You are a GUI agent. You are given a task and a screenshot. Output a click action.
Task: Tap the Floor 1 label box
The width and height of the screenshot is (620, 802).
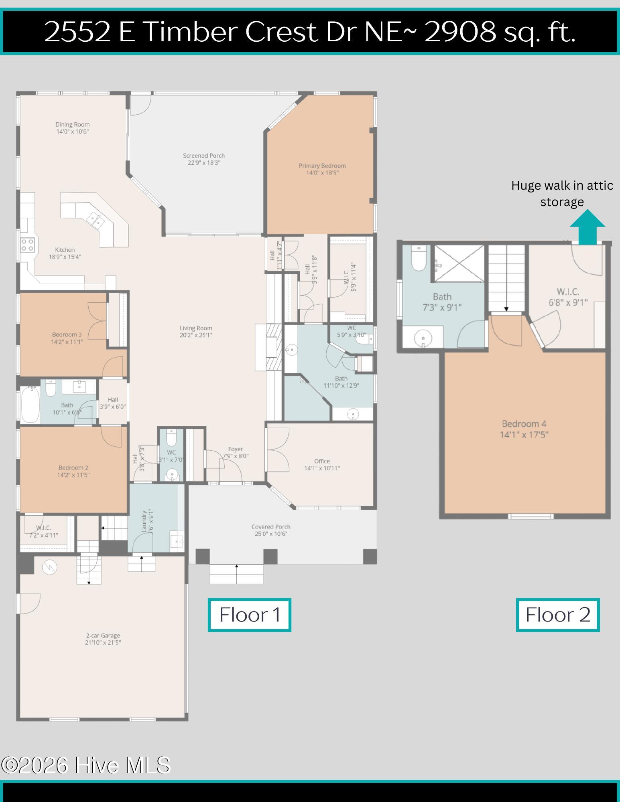point(249,615)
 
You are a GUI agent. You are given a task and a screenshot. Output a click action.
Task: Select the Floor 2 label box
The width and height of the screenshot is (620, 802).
point(557,615)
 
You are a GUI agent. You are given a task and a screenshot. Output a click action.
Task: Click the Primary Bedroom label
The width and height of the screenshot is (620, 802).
point(322,166)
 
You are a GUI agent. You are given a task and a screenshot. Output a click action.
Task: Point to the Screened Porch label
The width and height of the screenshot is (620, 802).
point(204,156)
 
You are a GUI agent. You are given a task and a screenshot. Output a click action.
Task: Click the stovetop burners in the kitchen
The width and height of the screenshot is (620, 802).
point(28,245)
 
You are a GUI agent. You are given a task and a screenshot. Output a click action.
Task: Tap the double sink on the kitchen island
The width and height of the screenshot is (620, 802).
point(95,219)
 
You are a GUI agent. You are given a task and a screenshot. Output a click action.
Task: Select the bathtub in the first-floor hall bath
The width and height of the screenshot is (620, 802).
point(30,404)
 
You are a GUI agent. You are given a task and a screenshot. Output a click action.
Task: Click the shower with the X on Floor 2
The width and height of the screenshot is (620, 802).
point(459,264)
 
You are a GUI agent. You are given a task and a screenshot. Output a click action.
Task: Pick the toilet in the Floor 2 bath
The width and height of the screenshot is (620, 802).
point(419,258)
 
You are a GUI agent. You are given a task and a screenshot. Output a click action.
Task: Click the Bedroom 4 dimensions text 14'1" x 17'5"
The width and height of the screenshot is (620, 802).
point(524,435)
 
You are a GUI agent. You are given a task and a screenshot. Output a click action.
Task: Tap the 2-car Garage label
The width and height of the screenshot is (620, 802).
point(103,636)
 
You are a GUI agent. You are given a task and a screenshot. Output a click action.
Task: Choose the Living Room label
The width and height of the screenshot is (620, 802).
point(196,328)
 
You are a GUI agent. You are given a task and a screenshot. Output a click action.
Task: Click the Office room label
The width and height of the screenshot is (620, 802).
point(322,461)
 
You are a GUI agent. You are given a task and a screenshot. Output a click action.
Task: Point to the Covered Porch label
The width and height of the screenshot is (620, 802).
point(271,527)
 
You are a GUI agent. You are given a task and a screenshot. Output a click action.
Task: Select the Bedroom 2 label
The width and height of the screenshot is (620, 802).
point(73,468)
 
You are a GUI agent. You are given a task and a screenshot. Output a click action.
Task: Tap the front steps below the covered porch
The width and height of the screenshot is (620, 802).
point(236,574)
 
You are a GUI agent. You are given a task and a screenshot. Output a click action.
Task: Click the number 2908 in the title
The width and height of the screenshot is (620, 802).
point(460,32)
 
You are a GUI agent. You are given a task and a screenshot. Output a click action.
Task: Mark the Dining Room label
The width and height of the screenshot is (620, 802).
point(72,124)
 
